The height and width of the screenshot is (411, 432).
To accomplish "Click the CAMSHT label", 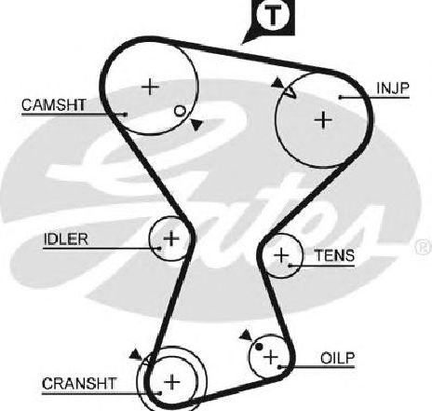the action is click(54, 105).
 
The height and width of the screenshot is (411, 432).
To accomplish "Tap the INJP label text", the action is click(393, 89).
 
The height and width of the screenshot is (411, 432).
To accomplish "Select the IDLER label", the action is click(65, 240).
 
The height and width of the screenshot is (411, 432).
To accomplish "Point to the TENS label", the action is click(334, 255).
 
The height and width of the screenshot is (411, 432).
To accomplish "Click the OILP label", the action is click(337, 358).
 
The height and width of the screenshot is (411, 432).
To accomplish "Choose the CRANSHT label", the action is click(79, 384).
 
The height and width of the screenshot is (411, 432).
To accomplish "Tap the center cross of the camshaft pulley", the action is click(150, 87).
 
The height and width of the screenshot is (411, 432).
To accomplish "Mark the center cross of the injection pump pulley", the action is click(323, 120).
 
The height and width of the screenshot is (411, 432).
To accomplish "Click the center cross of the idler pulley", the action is click(171, 239).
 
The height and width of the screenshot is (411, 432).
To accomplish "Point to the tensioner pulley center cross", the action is click(281, 255).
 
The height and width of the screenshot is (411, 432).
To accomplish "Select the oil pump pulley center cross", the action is click(271, 357).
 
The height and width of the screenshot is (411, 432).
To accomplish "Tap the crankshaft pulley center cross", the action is click(171, 382).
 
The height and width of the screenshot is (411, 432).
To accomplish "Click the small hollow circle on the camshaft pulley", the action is click(180, 111).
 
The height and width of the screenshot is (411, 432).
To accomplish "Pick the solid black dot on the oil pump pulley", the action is click(259, 346).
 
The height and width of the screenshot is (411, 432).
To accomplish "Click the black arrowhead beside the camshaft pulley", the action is click(196, 125).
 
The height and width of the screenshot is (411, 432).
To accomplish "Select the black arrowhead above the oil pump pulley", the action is click(247, 336).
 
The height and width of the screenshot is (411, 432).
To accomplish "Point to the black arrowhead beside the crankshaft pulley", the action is click(135, 354).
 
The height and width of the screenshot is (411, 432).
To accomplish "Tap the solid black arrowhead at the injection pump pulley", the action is click(277, 83).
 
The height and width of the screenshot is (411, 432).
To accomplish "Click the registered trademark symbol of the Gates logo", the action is click(425, 247).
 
